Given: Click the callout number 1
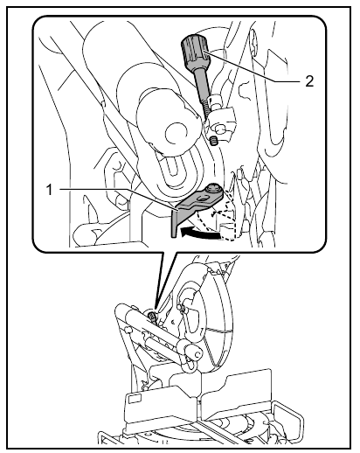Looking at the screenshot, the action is [x=50, y=190].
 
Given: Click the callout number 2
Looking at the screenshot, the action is [x=309, y=81].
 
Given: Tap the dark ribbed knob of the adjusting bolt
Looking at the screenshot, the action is [x=195, y=52].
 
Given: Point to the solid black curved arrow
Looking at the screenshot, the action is [x=201, y=233].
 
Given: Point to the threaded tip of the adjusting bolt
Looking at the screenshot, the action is [x=209, y=107].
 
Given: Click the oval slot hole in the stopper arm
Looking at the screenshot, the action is [x=202, y=199].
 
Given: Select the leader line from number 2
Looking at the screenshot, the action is [x=253, y=66].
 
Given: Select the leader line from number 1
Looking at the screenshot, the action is [x=118, y=199].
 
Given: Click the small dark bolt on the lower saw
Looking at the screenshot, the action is [x=152, y=316].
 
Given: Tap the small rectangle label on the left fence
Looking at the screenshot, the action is [x=135, y=399].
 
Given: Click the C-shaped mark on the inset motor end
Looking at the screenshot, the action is [x=174, y=134].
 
